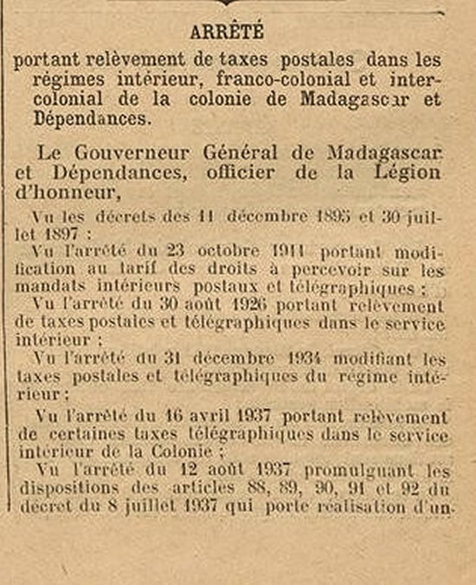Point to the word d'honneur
[61, 192]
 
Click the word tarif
[132, 270]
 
